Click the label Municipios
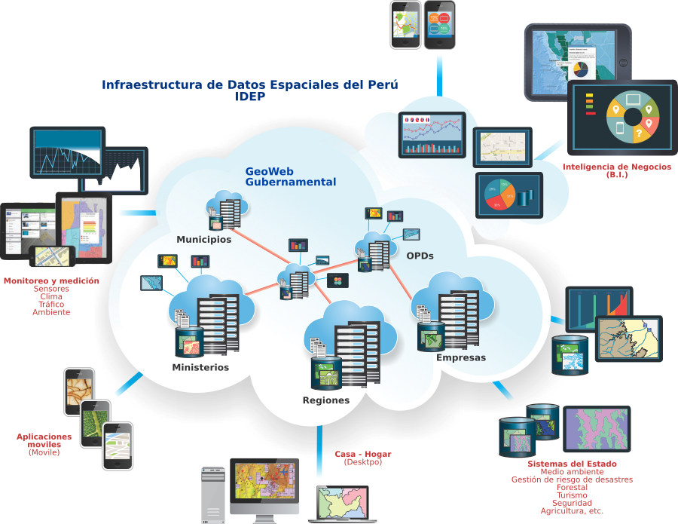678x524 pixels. point(204,240)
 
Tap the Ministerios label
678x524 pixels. point(200,368)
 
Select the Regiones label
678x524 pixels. point(326,400)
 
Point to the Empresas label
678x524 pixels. point(461,357)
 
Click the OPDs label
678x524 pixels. point(420,256)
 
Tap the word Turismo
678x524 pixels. point(572,495)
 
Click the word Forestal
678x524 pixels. point(572,487)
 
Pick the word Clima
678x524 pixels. point(51,296)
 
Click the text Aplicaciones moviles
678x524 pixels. point(44,440)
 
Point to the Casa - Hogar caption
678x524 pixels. point(363,454)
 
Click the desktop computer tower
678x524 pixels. point(213,494)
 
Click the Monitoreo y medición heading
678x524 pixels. point(51,280)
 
